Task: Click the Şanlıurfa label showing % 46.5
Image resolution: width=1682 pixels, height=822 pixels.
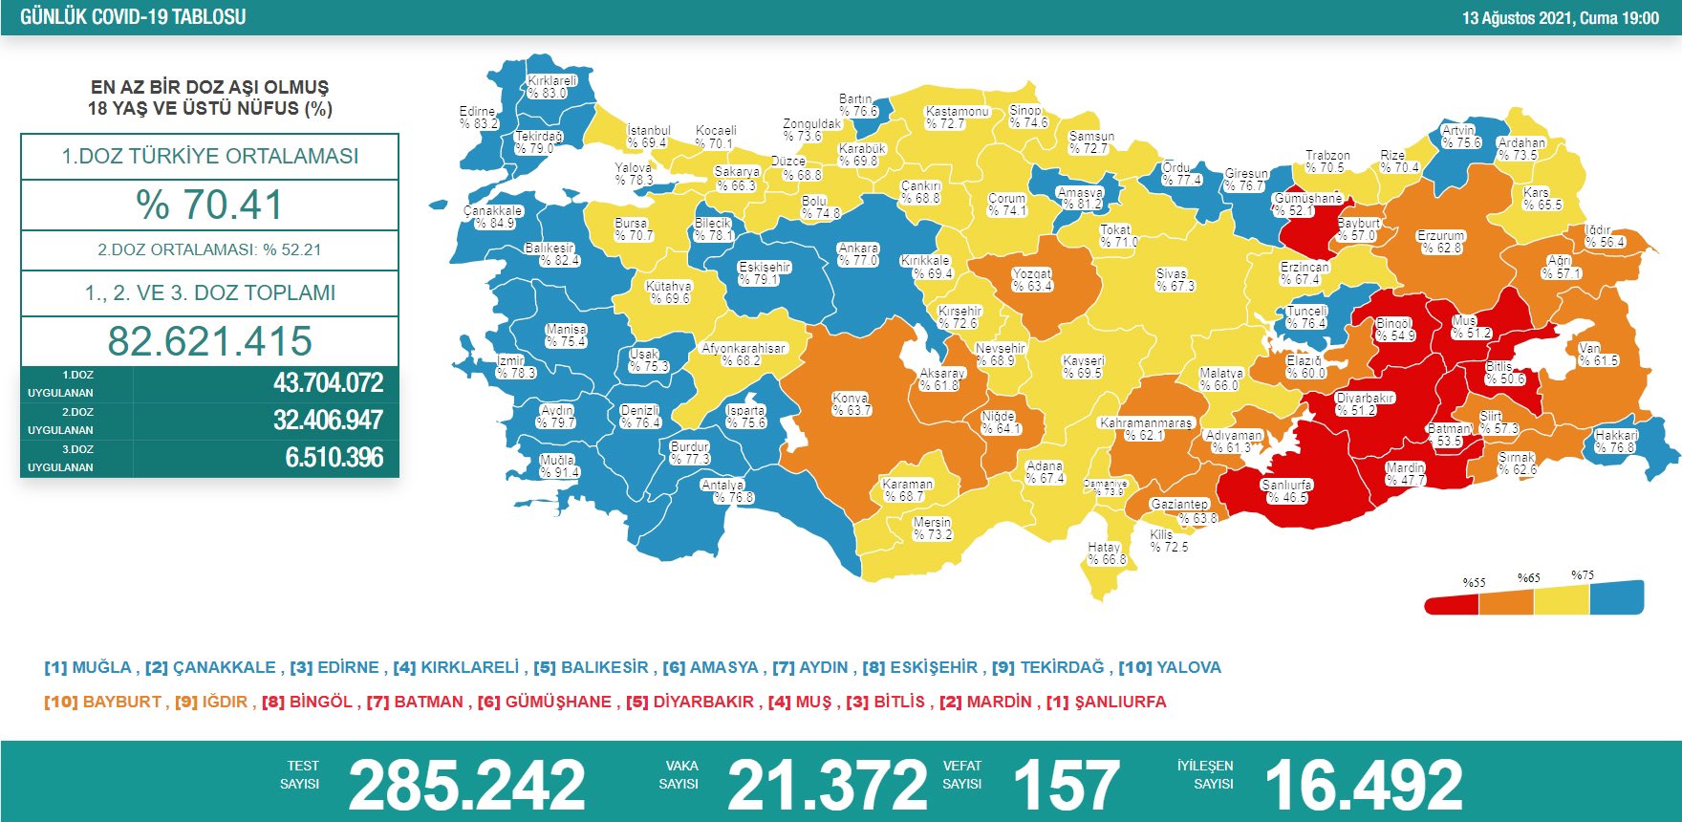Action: coord(1286,491)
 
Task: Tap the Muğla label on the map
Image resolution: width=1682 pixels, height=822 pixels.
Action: coord(558,466)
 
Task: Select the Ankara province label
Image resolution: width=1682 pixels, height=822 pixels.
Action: coord(857,254)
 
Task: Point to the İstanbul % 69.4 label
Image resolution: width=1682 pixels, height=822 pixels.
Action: coord(648,137)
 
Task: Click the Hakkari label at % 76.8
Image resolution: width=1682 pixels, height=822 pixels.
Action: coord(1615,441)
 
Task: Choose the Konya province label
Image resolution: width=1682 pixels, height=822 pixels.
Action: coord(850,404)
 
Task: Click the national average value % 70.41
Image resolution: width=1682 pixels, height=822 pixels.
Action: coord(209,205)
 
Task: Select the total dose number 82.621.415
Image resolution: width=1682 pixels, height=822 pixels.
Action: coord(209,341)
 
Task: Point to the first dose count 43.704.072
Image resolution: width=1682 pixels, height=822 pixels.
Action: coord(328,383)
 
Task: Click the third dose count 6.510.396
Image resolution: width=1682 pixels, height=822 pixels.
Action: coord(334,458)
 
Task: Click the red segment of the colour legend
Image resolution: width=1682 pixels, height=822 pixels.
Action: coord(1452,604)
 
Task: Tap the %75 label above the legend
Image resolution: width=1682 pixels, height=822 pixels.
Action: coord(1583,575)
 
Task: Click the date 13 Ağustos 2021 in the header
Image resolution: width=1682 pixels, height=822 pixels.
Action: coord(1518,17)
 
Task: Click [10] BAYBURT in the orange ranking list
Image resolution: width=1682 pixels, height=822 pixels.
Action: coord(103,702)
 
